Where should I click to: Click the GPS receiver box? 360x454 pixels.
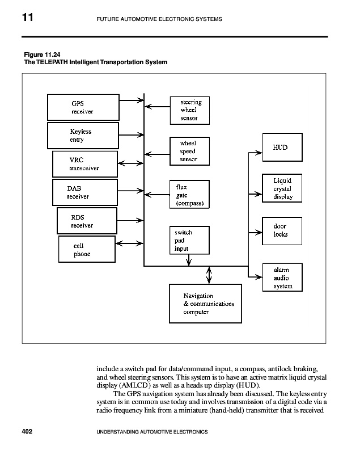(83, 107)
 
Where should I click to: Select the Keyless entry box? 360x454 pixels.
(84, 136)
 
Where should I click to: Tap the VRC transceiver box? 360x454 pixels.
(84, 164)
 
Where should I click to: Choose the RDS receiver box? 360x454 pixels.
(86, 221)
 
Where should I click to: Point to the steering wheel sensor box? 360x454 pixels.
(190, 110)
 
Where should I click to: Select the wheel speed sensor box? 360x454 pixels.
(190, 152)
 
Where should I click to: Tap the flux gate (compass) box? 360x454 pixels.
(190, 194)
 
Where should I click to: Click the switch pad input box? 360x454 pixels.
(190, 241)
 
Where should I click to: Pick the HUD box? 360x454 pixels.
(281, 148)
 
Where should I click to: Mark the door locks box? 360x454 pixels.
(281, 230)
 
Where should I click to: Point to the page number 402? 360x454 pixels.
(27, 432)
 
